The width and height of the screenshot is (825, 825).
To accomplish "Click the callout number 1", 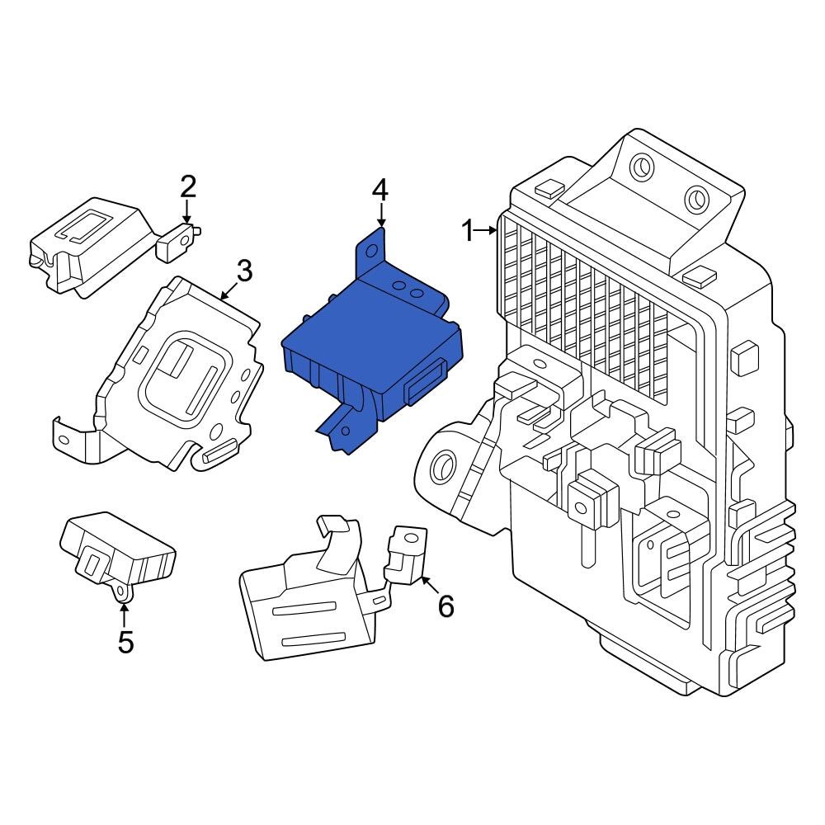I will coord(467,232).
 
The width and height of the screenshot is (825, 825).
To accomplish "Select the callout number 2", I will coord(188,187).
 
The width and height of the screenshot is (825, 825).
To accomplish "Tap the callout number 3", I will coord(243,270).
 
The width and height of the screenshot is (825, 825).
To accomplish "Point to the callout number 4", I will coord(379,191).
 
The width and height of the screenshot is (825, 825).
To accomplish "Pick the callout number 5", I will coord(125,642).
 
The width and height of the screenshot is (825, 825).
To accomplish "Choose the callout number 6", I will coord(445,607).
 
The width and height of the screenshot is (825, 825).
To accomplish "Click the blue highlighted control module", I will coord(371,346).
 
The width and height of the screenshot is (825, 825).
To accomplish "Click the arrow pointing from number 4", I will coord(380,216).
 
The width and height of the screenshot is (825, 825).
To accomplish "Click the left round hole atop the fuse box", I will coord(640,167).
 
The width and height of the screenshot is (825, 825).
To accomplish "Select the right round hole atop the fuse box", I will coord(695,199).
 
